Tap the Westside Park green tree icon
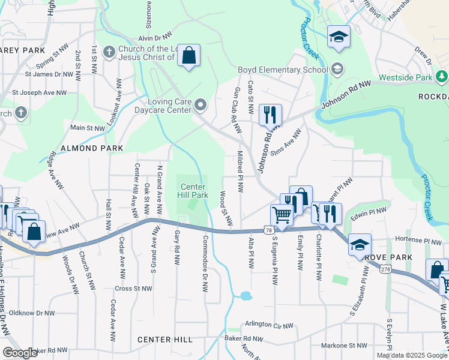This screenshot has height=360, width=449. coord(442,77)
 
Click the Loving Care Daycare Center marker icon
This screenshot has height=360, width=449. coord(201,106)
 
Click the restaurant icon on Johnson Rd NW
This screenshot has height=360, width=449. coord(270,114)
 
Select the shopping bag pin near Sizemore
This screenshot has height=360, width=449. coord(188,56)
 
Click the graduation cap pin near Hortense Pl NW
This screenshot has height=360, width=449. coord(360,244)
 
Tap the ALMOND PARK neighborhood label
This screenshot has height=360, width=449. coord(92,148)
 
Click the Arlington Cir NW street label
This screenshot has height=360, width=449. coord(269,325)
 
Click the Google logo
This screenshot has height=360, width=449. coord(20,353)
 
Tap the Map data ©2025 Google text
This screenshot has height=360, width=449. coord(411,355)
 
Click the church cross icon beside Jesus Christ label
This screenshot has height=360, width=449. coord(109,52)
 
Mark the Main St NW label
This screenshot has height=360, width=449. coord(88,128)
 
